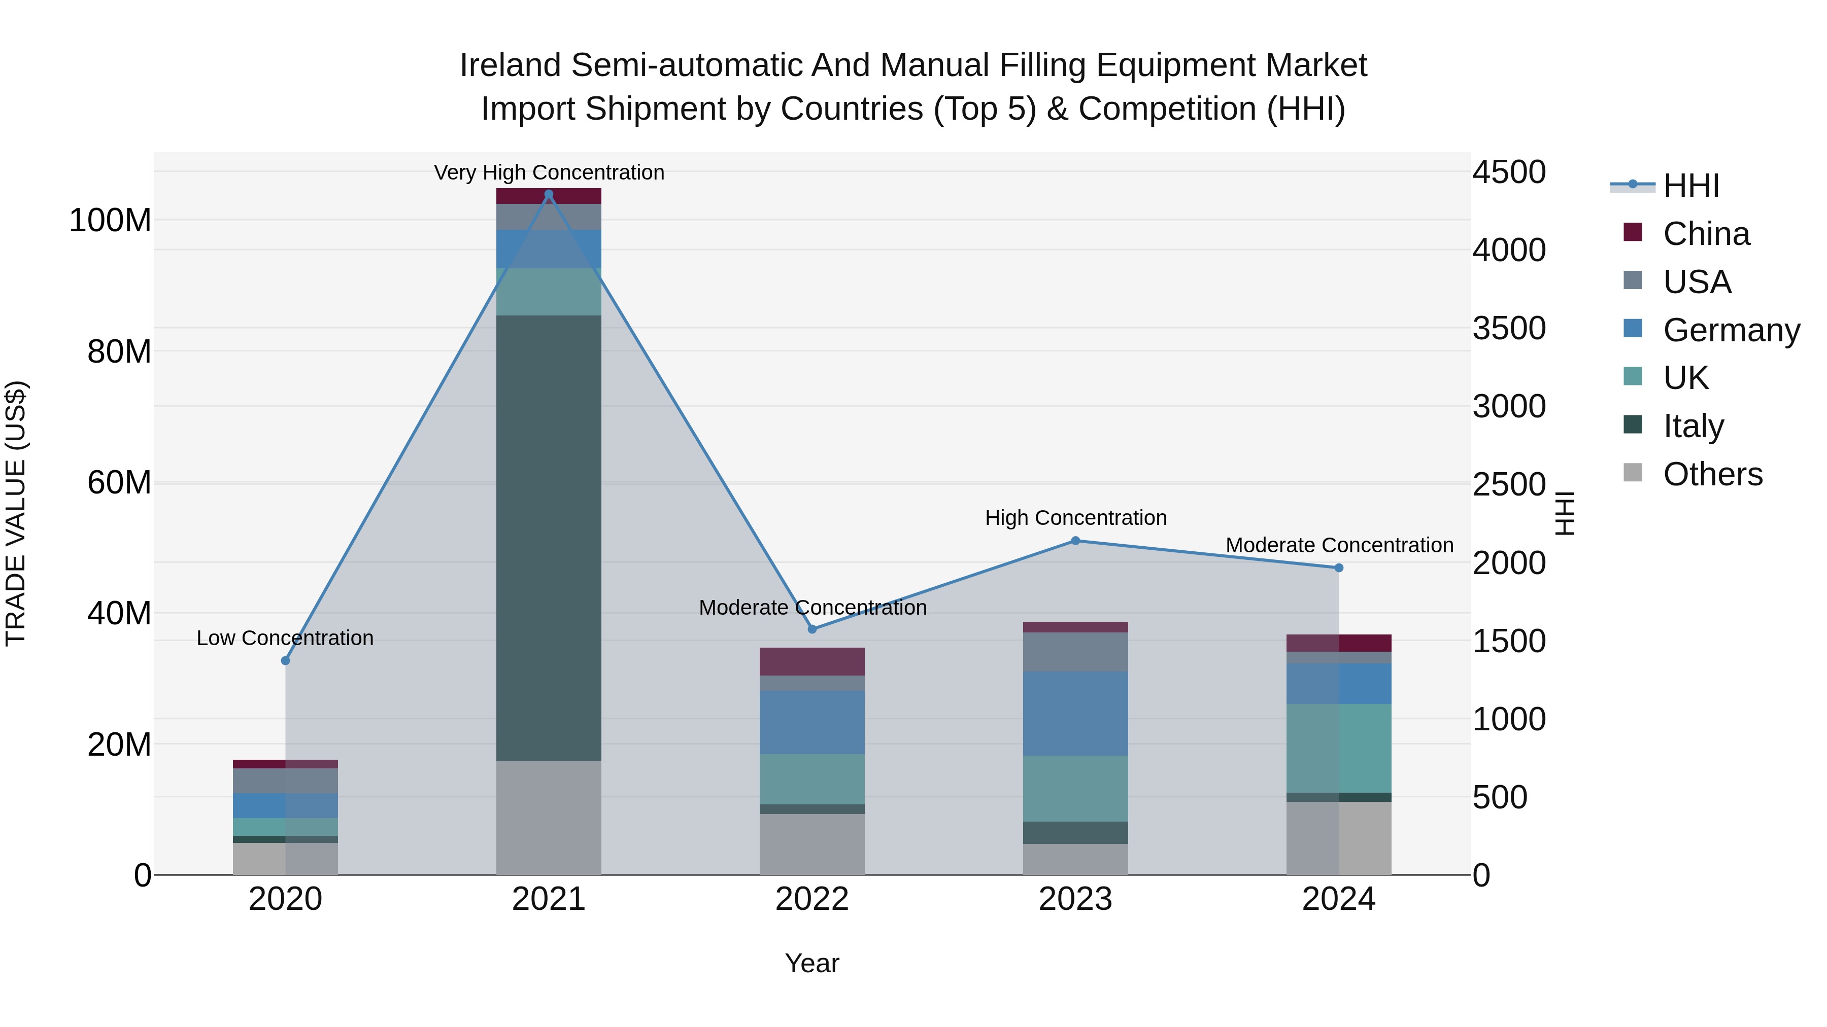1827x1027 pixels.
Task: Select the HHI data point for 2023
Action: pos(1075,541)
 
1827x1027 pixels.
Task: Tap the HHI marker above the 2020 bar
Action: pos(285,660)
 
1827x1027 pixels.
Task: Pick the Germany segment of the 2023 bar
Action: pos(1075,714)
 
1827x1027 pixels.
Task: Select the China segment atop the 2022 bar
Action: pos(812,661)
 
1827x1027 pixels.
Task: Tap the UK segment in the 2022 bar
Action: pos(812,779)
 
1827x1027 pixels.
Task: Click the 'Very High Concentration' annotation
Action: pos(549,172)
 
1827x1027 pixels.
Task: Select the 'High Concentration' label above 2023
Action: pos(1075,518)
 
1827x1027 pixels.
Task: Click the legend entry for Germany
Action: pos(1731,330)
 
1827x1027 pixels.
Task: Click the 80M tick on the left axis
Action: pos(119,351)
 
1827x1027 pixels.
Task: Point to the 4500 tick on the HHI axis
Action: pos(1509,172)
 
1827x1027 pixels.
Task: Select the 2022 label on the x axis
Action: pos(812,899)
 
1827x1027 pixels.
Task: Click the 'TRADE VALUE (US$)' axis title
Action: pos(16,513)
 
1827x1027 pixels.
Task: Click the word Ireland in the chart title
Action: pos(510,65)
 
